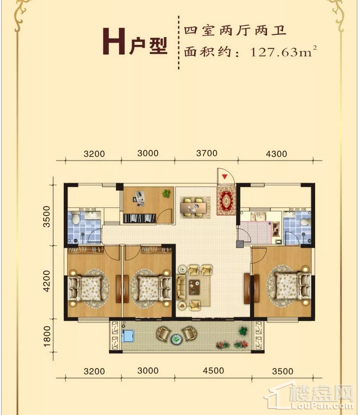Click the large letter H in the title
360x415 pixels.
click(114, 41)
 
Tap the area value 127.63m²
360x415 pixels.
click(283, 52)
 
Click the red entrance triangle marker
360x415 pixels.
click(225, 177)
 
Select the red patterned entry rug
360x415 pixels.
click(226, 201)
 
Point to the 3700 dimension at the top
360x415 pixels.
click(207, 153)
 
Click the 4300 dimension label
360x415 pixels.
click(276, 154)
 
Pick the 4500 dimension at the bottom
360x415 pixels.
click(213, 370)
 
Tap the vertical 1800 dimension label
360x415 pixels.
click(46, 336)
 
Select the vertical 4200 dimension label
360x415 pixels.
click(46, 281)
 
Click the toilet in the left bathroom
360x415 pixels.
click(76, 218)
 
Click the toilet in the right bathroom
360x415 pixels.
click(306, 222)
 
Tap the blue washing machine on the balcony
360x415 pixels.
click(128, 336)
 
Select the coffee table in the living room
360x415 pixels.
click(194, 287)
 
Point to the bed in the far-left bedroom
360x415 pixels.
click(85, 288)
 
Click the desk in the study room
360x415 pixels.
click(139, 198)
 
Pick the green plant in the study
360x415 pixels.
click(166, 193)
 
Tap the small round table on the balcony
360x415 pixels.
click(176, 339)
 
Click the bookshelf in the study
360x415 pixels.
click(139, 218)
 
